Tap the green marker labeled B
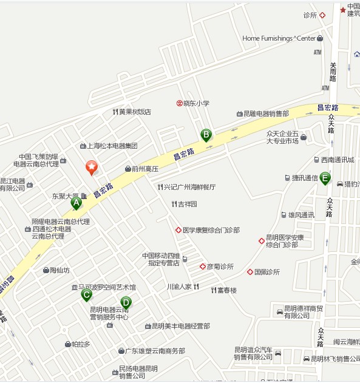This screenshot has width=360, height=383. click(206, 135)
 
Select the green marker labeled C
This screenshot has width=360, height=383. click(87, 295)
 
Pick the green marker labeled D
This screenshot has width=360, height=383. click(126, 302)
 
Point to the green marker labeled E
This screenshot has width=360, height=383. click(325, 178)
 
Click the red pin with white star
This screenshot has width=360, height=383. click(91, 167)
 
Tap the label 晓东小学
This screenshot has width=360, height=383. click(196, 103)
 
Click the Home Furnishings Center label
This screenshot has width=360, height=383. click(279, 38)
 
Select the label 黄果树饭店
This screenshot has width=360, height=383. click(135, 112)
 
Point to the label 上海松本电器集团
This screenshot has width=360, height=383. click(112, 146)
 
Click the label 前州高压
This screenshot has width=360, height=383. click(145, 169)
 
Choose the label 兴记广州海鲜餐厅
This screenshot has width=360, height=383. click(189, 187)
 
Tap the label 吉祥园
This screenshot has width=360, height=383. click(187, 204)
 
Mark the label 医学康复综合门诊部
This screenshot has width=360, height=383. click(211, 230)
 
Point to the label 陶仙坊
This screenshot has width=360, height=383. click(59, 270)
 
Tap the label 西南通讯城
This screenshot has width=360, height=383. click(337, 160)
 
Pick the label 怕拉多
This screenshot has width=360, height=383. click(80, 344)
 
